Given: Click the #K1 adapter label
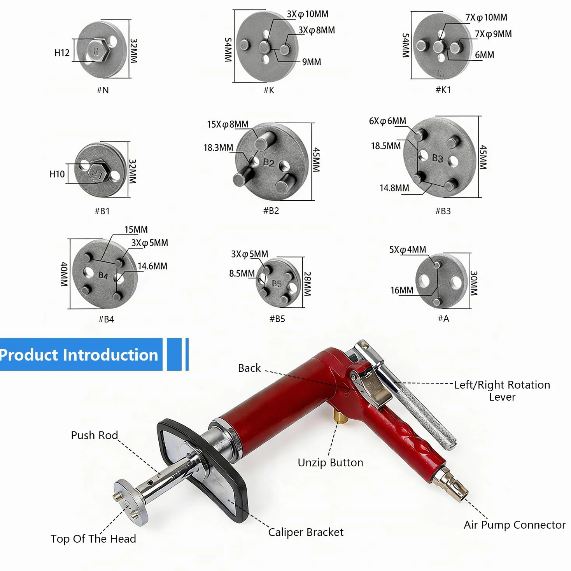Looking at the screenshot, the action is (443, 90).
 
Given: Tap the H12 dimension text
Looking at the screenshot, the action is (62, 53).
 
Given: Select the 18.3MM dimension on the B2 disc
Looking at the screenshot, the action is (218, 147).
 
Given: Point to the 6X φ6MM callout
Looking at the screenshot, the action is (387, 121).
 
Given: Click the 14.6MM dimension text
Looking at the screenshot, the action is (152, 266).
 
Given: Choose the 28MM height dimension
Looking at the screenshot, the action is (308, 284).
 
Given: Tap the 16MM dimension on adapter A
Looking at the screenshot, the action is (401, 291).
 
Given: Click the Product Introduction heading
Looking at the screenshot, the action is (79, 355).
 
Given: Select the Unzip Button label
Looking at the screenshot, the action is (330, 462).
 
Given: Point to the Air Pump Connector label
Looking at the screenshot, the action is (514, 525).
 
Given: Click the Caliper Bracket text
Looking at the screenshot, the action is (305, 532).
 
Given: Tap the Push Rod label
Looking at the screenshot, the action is (94, 435).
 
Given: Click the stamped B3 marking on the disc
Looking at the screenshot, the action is (437, 158).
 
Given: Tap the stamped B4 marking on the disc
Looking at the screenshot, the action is (103, 275).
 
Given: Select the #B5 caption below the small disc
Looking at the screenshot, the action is (277, 319).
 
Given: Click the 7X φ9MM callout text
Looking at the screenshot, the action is (493, 34).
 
